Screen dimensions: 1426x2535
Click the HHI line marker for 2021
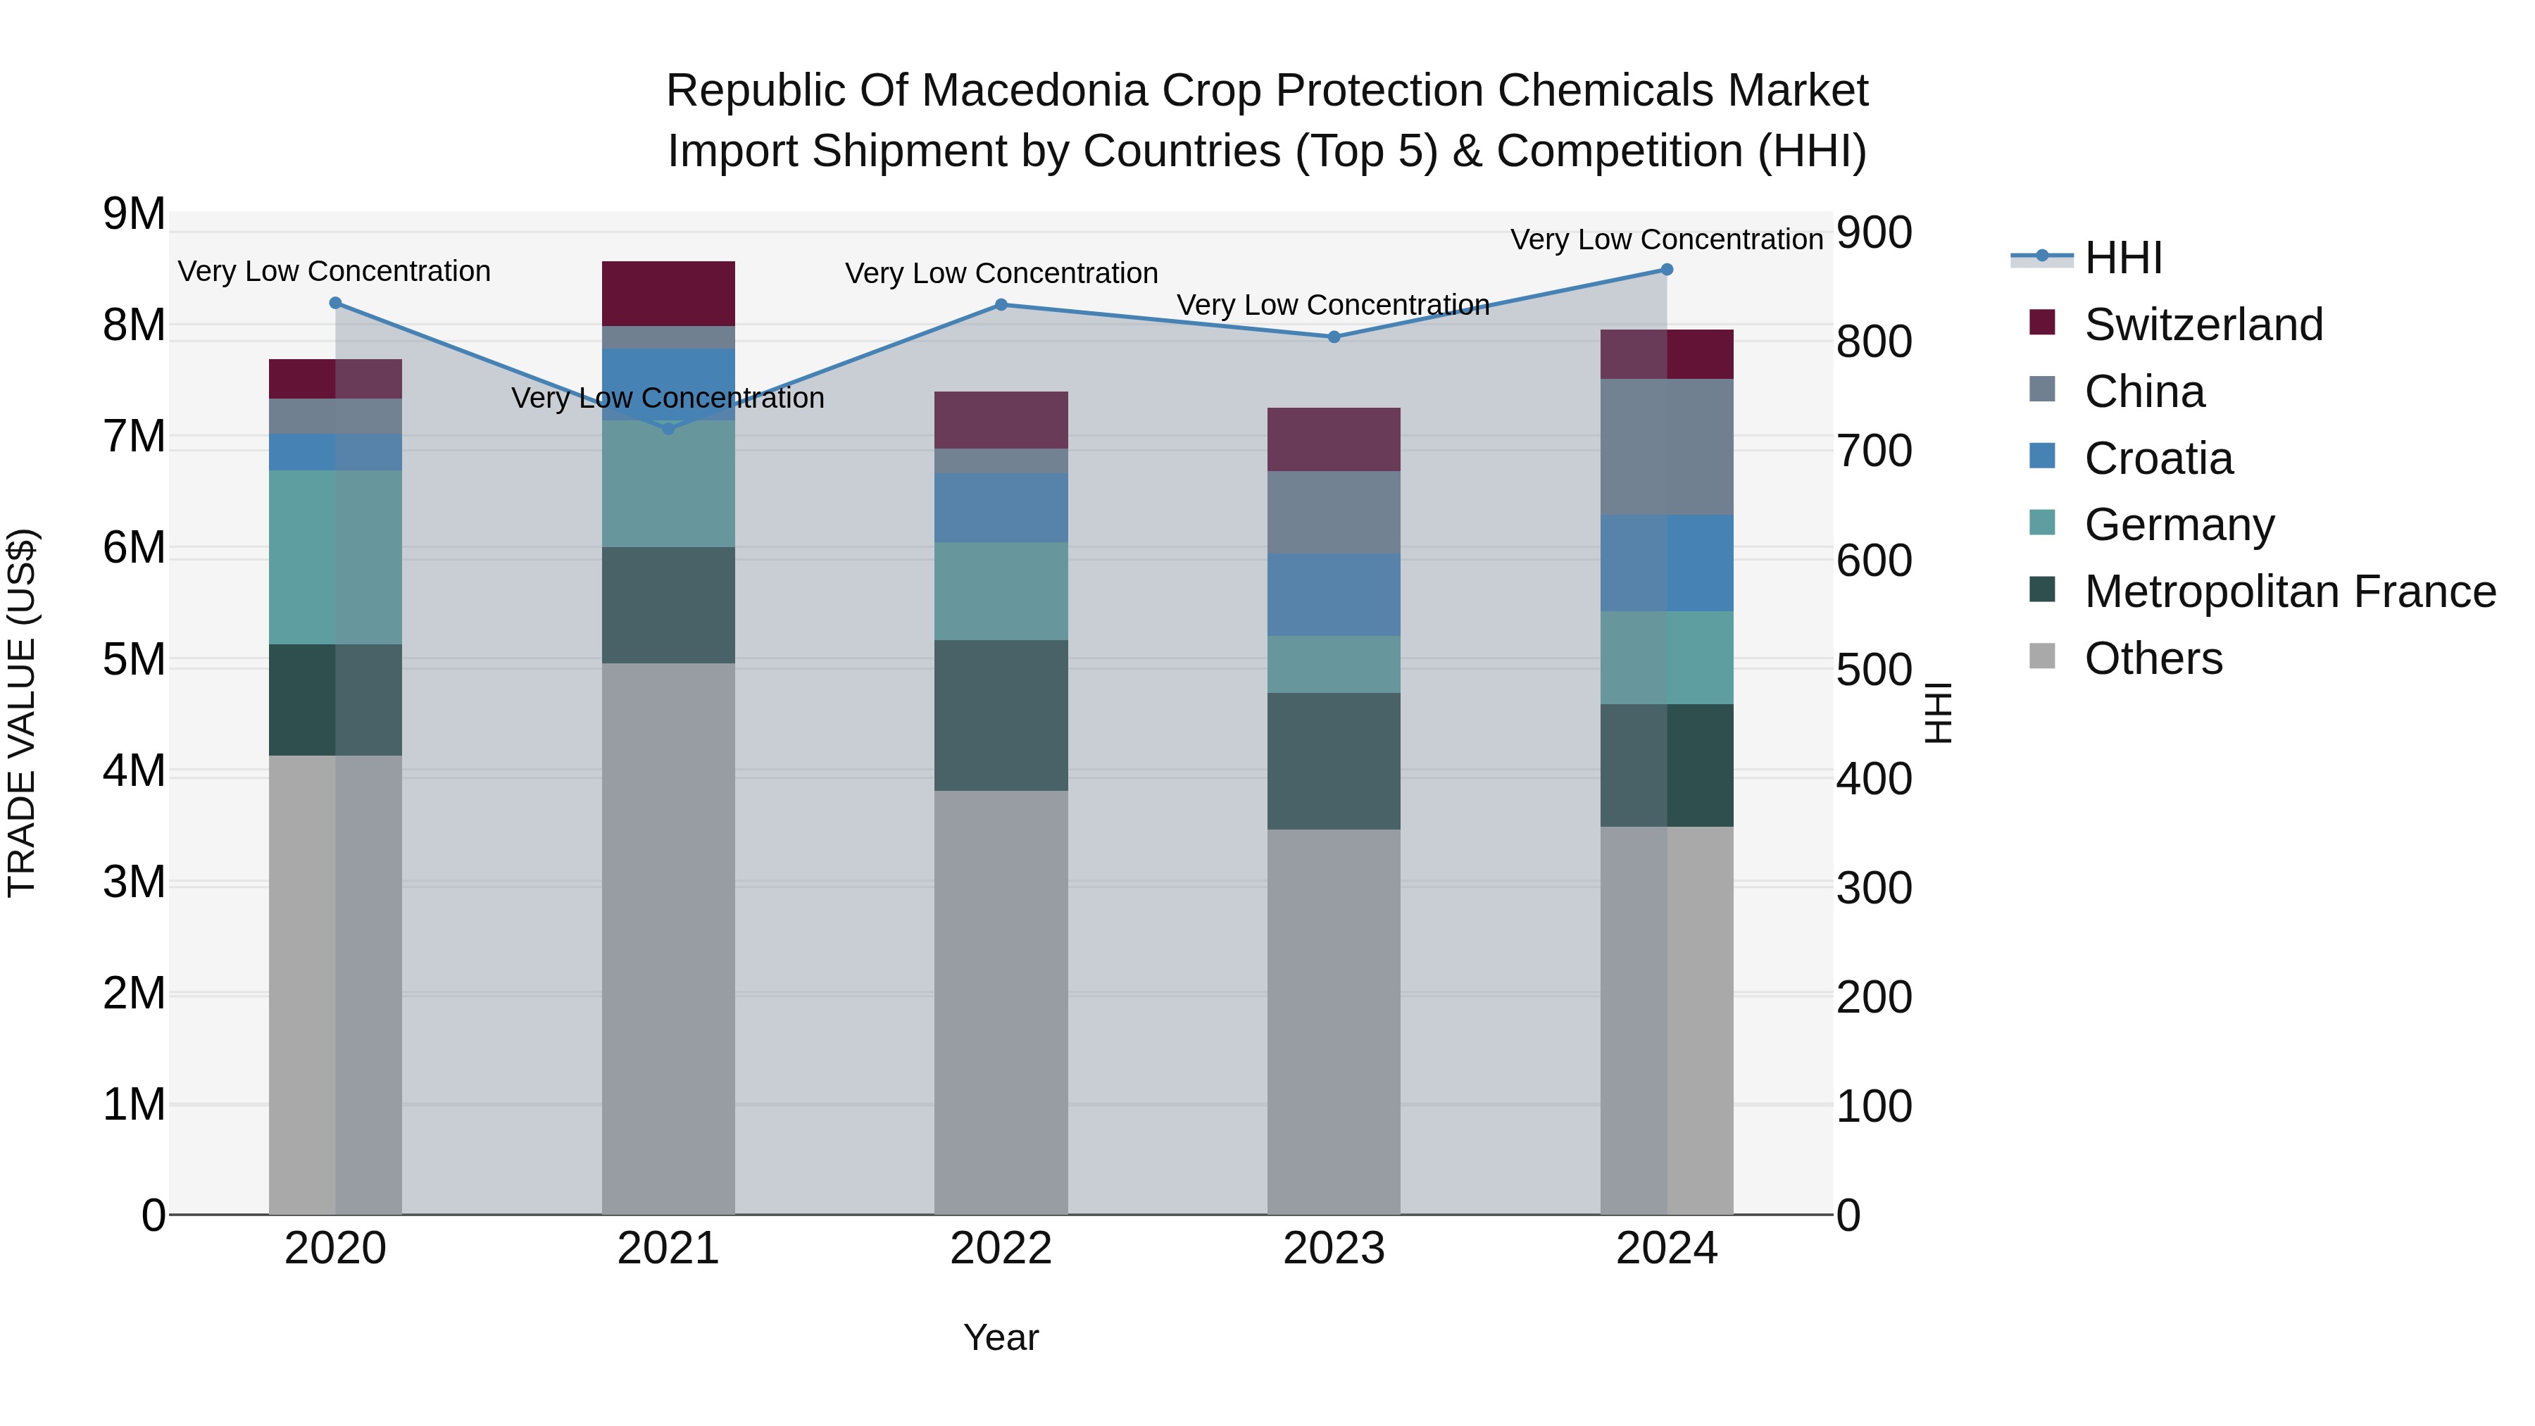coord(668,429)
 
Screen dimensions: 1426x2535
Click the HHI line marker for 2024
coord(1666,270)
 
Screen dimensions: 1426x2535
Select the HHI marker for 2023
coord(1334,337)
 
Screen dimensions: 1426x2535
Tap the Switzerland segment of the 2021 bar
coord(668,293)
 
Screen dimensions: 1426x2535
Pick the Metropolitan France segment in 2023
coord(1334,761)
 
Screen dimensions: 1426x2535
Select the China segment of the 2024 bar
coord(1666,446)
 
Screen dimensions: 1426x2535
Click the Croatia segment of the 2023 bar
coord(1334,594)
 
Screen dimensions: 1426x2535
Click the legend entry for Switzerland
coord(2203,325)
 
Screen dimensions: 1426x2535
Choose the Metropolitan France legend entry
coord(2289,592)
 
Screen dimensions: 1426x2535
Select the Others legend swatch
coord(2042,656)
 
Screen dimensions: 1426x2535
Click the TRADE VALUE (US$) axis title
coord(22,713)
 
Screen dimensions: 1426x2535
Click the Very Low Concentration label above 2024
coord(1666,239)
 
